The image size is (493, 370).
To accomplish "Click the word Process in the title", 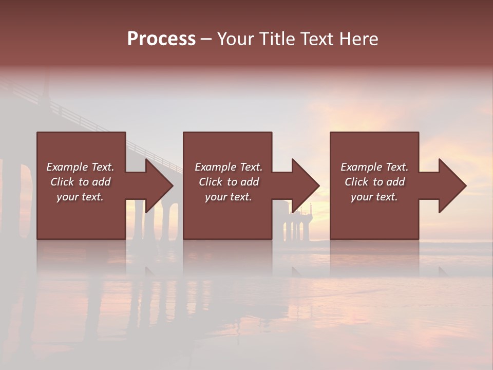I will pyautogui.click(x=161, y=39).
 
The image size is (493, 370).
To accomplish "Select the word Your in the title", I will pyautogui.click(x=234, y=39).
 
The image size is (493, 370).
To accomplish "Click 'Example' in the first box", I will pyautogui.click(x=67, y=167).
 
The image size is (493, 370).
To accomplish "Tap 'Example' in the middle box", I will pyautogui.click(x=215, y=167).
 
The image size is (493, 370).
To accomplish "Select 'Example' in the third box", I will pyautogui.click(x=361, y=167).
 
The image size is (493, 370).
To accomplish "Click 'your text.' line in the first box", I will pyautogui.click(x=80, y=197).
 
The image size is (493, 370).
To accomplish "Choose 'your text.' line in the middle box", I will pyautogui.click(x=228, y=197).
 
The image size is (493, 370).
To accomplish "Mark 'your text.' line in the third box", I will pyautogui.click(x=374, y=197).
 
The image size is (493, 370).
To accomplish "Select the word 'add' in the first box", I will pyautogui.click(x=102, y=182).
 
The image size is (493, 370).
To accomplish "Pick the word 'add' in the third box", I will pyautogui.click(x=396, y=182).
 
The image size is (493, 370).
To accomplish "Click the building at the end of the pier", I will pyautogui.click(x=302, y=213).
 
